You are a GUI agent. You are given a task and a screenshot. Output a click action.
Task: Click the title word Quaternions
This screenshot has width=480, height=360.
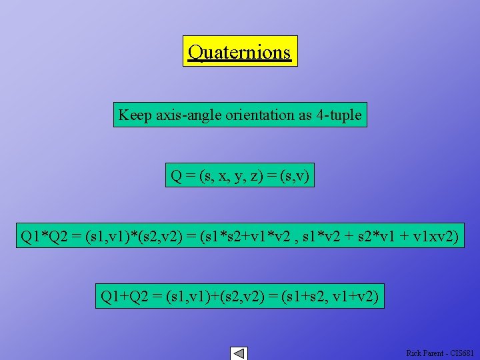pos(240,51)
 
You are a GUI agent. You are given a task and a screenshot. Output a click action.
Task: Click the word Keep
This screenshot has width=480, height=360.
pos(135,115)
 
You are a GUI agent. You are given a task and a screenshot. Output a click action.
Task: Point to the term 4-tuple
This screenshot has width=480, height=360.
pos(339,115)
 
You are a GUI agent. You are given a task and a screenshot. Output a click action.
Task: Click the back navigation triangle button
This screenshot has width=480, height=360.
pos(239,353)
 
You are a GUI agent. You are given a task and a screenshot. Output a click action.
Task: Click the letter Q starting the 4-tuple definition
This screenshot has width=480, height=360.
pos(177,176)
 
